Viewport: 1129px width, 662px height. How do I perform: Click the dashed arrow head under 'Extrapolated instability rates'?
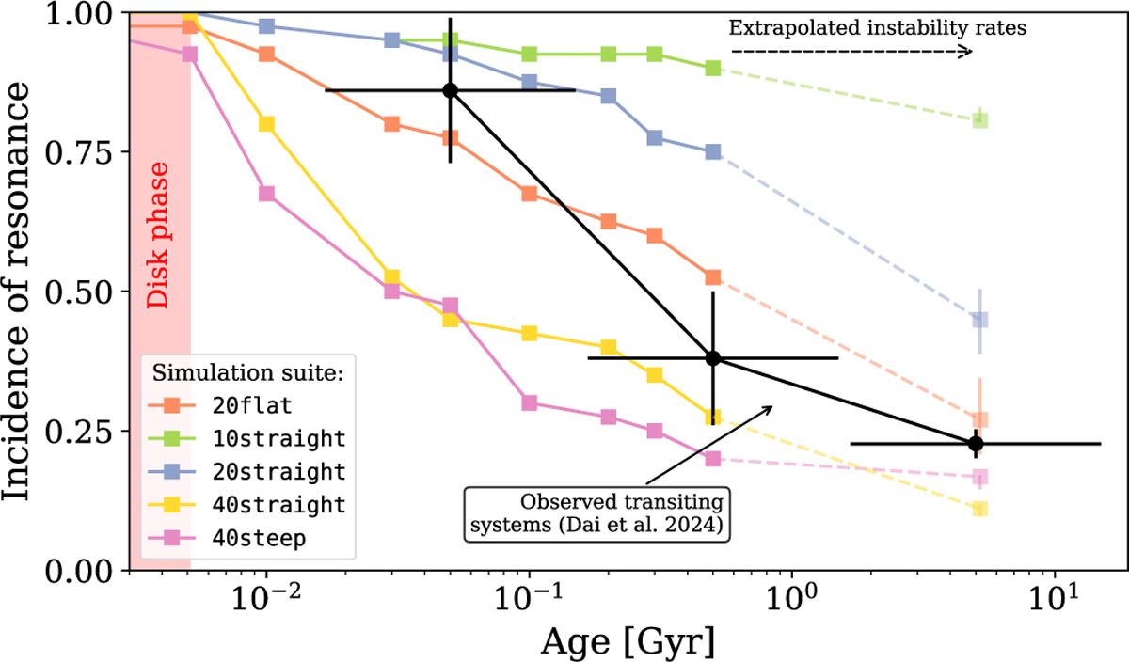(966, 52)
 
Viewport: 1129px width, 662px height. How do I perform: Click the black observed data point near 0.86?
(451, 90)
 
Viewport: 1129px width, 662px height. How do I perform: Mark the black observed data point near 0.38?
(713, 357)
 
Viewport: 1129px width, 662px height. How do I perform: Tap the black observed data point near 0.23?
(977, 443)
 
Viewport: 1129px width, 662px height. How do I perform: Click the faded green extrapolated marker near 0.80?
(979, 120)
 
